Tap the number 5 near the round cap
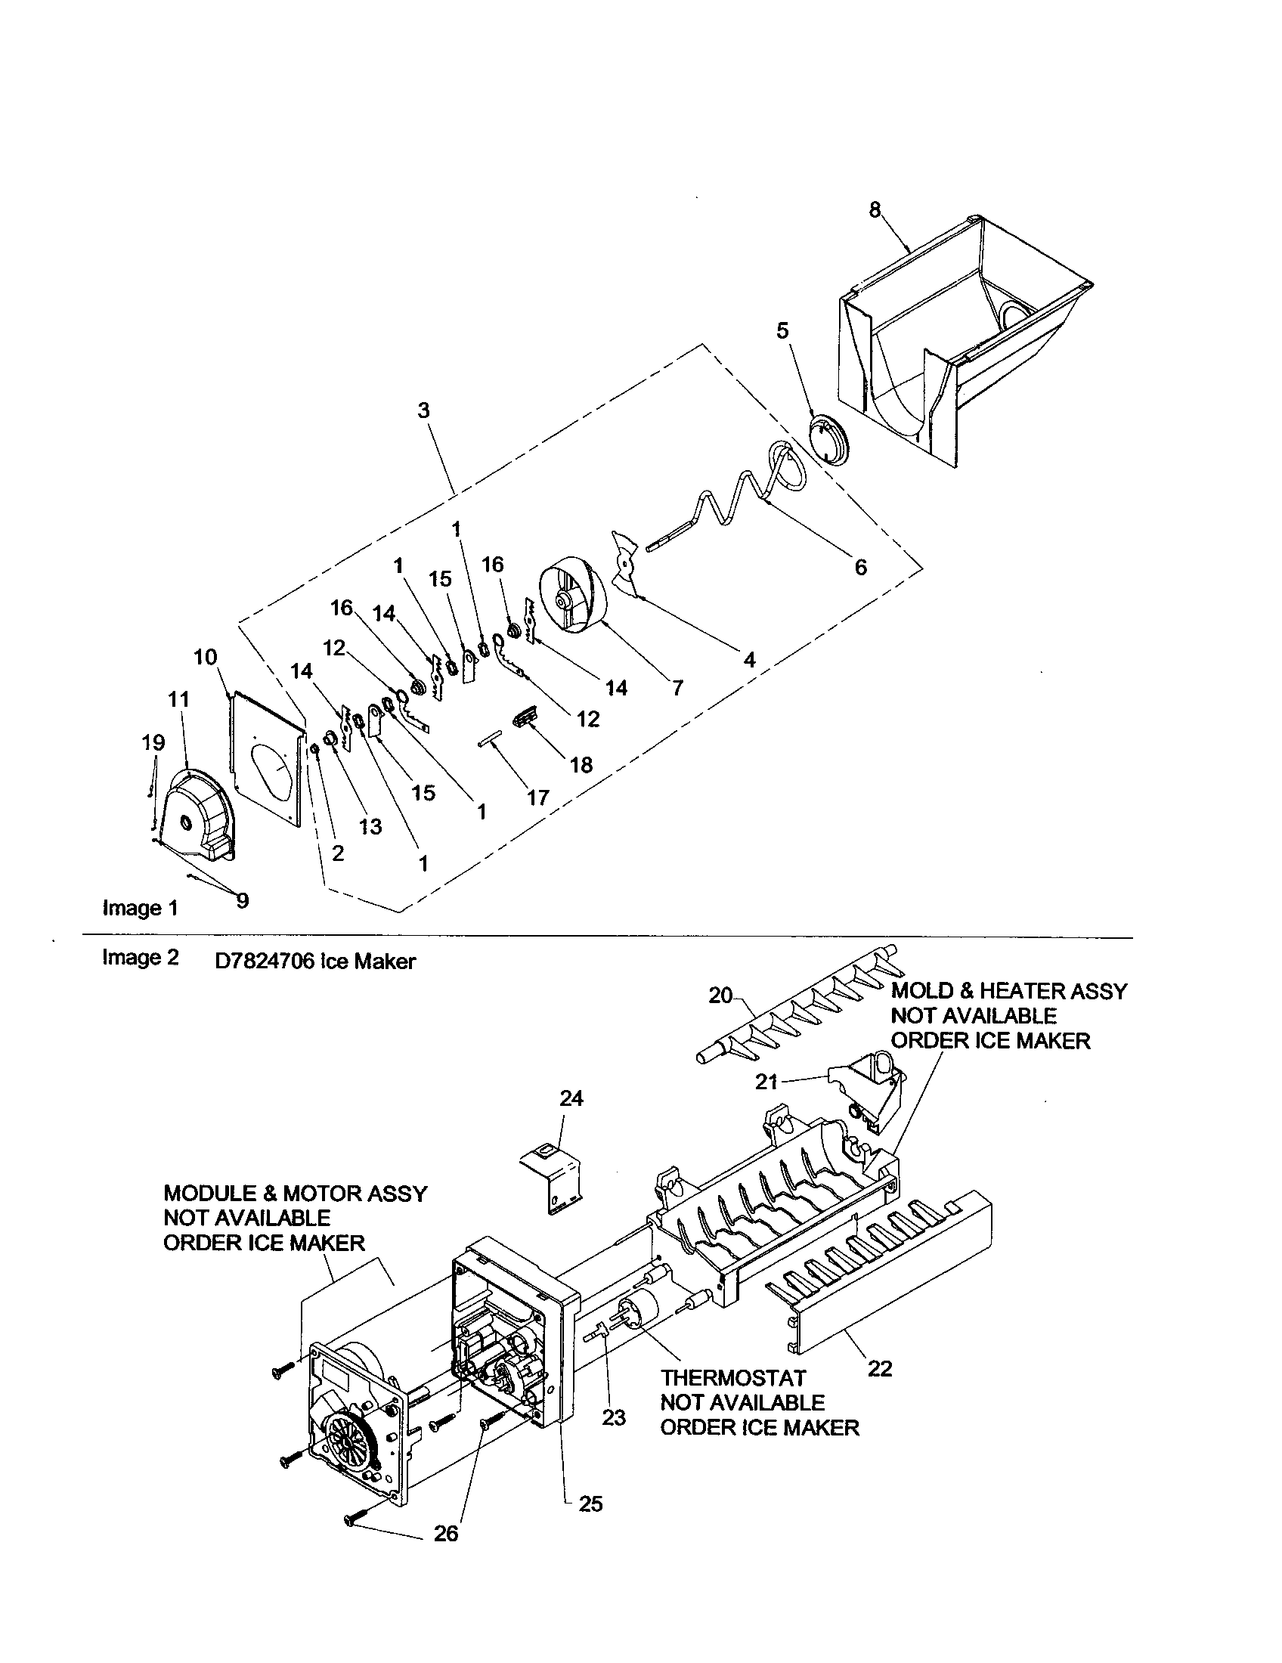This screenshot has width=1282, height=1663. [782, 330]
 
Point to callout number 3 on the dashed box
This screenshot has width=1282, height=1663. [423, 410]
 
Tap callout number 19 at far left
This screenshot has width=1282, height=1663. [153, 742]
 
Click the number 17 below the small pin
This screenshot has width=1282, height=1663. [537, 797]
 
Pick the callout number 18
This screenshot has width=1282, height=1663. [581, 765]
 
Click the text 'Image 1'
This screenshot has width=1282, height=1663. [140, 908]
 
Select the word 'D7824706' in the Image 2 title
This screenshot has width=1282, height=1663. [264, 961]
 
